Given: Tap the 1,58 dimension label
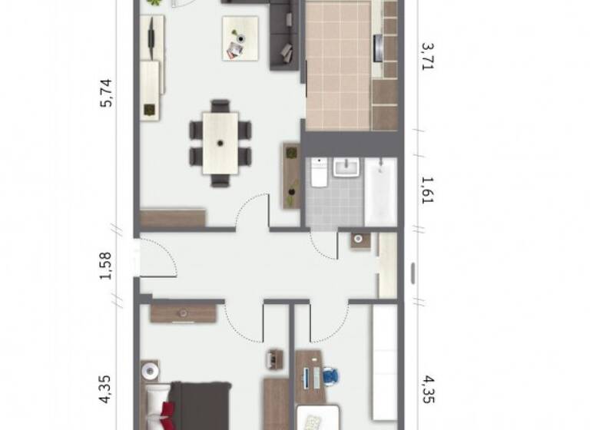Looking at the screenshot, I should click(x=107, y=265).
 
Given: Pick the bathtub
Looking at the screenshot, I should click(x=380, y=192).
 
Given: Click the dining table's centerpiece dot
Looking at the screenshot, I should click(x=220, y=142).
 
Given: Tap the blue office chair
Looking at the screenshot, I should click(x=330, y=376).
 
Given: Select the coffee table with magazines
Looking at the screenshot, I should click(x=240, y=38).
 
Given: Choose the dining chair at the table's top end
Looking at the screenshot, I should click(x=220, y=105).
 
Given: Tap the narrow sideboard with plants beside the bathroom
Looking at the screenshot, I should click(x=291, y=175).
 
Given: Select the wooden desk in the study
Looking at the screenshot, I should click(x=310, y=376).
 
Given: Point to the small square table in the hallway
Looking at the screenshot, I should click(x=360, y=240).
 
